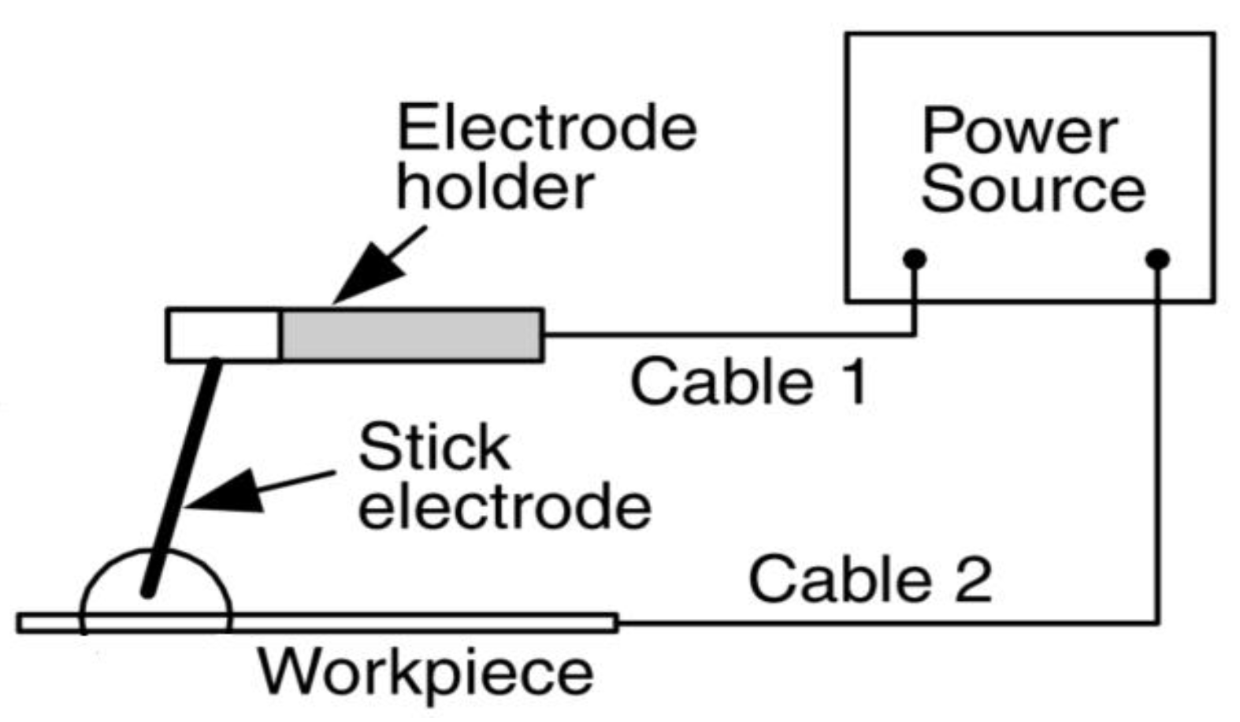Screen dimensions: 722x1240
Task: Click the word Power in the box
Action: [x=1019, y=132]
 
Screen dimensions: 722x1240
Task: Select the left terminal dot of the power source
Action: [x=914, y=259]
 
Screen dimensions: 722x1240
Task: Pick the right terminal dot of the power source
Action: [x=1157, y=259]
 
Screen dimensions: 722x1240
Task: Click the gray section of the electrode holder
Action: [x=411, y=335]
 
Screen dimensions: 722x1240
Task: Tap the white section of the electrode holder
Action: [x=223, y=335]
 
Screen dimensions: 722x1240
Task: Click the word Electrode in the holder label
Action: [x=547, y=128]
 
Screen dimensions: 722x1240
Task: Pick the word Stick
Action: [x=433, y=447]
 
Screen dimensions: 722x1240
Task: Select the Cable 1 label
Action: [x=748, y=382]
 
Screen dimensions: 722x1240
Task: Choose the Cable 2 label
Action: [x=869, y=579]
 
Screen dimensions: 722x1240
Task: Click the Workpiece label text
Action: [x=425, y=674]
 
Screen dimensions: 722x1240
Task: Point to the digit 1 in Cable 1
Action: [x=853, y=382]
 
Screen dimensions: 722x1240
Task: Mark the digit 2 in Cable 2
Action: [x=971, y=579]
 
